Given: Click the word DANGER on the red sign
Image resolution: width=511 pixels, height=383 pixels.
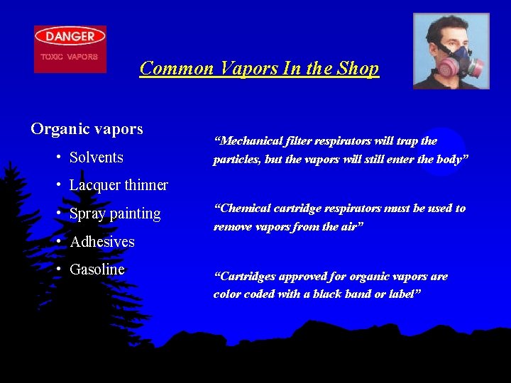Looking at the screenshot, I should (70, 36).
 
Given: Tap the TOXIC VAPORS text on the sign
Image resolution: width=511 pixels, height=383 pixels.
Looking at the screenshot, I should (70, 56).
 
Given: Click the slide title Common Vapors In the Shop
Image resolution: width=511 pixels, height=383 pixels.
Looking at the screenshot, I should (259, 68).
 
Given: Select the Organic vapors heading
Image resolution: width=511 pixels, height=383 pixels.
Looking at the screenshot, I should (87, 129).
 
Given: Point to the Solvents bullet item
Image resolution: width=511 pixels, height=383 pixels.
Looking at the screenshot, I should (97, 157).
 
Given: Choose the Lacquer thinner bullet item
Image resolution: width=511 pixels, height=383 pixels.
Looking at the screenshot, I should (119, 185).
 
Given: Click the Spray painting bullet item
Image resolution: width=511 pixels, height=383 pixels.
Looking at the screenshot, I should (115, 213).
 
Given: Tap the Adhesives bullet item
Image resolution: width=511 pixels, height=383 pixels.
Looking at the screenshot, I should (102, 242).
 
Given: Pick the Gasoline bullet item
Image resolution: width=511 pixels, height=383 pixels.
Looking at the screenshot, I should (97, 270).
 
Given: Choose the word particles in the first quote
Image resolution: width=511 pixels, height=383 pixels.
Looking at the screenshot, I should (236, 159).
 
